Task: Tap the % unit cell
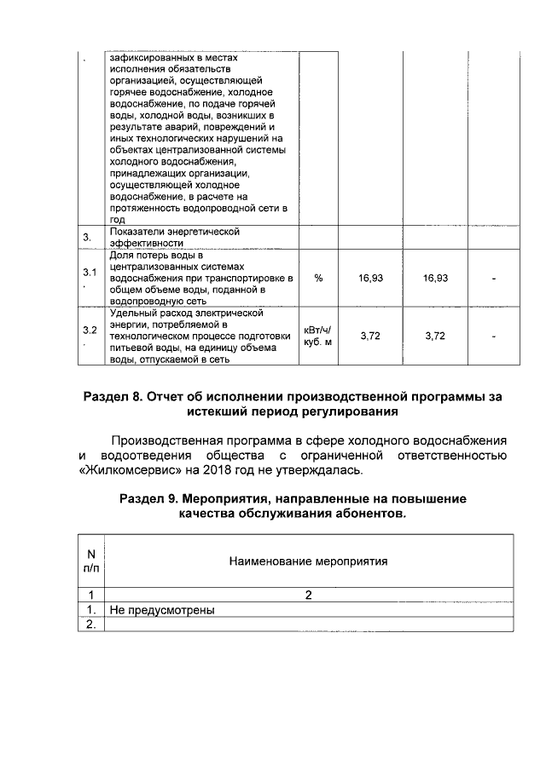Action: (317, 278)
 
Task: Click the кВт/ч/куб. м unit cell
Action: (317, 336)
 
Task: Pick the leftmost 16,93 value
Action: (370, 278)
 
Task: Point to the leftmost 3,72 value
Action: (370, 336)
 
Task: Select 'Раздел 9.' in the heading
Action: (150, 498)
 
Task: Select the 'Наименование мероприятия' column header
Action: (308, 561)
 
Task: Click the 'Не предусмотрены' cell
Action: (161, 610)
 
